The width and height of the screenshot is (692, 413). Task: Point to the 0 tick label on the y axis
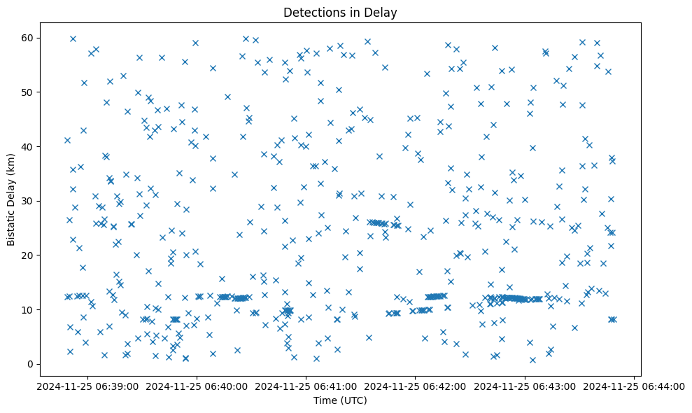tap(31, 364)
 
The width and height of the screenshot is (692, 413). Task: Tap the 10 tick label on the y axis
tap(29, 309)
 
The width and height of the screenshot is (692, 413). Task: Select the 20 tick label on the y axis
tap(29, 255)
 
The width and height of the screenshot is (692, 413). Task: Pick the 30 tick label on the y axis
tap(29, 201)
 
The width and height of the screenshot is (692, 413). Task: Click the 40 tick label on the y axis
tap(29, 146)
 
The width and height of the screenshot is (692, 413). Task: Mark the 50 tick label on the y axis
tap(29, 92)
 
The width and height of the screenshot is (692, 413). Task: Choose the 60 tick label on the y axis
tap(29, 38)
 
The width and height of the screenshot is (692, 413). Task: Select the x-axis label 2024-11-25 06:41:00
tap(306, 386)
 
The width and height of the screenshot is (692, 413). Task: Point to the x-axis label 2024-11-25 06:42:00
tap(416, 386)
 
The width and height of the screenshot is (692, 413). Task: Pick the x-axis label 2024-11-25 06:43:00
tap(525, 386)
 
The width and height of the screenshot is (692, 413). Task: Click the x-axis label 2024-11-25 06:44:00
tap(635, 386)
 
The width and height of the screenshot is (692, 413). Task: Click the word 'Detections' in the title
tap(311, 13)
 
